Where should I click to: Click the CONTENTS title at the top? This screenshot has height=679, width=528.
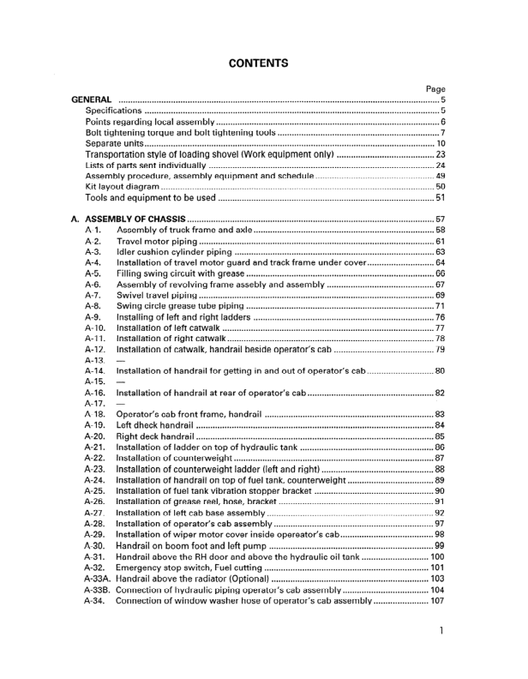[x=258, y=63]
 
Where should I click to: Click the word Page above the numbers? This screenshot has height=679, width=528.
[x=435, y=88]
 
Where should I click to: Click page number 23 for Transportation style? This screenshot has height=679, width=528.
[x=441, y=154]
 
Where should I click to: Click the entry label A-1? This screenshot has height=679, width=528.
[x=94, y=231]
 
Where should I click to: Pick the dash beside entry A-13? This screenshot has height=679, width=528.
[x=120, y=361]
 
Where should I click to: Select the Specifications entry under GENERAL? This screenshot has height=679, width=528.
[x=114, y=111]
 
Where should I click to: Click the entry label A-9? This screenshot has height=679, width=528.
[x=94, y=317]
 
